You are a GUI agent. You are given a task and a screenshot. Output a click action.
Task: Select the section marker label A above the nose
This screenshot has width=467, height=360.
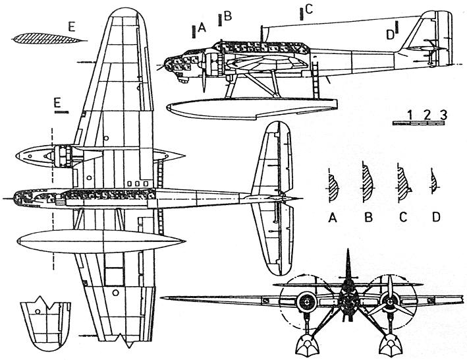(x=202, y=28)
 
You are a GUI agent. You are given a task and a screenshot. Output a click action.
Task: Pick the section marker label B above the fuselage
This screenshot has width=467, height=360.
(x=228, y=16)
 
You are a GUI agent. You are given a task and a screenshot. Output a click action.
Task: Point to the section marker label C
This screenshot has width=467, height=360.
(x=309, y=9)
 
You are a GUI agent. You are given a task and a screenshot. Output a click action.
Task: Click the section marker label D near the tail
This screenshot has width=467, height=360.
(x=389, y=33)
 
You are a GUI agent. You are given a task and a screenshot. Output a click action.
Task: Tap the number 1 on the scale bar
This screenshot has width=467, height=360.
(x=410, y=115)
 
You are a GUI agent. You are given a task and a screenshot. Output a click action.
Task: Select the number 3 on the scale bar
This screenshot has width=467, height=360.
(x=443, y=115)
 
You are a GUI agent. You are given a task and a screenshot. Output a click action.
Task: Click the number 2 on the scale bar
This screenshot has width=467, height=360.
(x=426, y=115)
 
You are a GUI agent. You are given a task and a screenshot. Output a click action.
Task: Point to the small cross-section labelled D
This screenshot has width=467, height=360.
(x=433, y=182)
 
